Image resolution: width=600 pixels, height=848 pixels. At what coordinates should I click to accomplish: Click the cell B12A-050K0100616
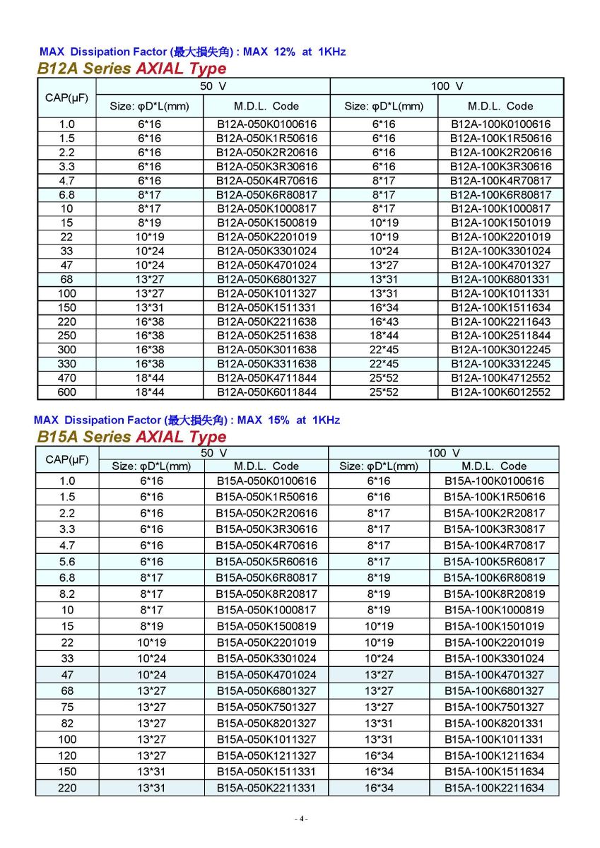(266, 124)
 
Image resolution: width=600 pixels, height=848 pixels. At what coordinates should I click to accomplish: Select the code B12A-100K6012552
(500, 392)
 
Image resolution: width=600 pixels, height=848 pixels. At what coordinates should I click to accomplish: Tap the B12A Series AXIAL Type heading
(132, 69)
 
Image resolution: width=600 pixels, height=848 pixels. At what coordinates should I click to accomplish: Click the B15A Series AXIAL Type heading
(132, 437)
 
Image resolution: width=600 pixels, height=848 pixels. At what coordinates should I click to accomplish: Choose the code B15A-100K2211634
(494, 788)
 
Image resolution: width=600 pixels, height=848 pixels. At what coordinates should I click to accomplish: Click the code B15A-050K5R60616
(266, 562)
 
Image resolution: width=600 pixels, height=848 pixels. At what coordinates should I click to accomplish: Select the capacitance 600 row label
(66, 392)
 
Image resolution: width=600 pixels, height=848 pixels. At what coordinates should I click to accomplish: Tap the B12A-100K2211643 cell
(500, 322)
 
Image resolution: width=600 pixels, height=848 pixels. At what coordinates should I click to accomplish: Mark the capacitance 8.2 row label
(66, 594)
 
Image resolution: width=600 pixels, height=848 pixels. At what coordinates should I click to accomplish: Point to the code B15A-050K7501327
(266, 707)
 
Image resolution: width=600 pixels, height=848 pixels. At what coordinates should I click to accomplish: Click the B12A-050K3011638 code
(266, 350)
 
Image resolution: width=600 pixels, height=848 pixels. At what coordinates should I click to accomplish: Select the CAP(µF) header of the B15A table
(66, 459)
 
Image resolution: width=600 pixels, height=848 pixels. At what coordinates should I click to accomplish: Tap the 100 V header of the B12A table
(447, 86)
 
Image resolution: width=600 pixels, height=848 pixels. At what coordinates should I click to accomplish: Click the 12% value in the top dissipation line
(282, 52)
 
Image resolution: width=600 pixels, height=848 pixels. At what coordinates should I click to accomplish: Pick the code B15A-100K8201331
(494, 723)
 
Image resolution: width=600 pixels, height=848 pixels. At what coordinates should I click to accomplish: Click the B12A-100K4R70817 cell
(500, 181)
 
